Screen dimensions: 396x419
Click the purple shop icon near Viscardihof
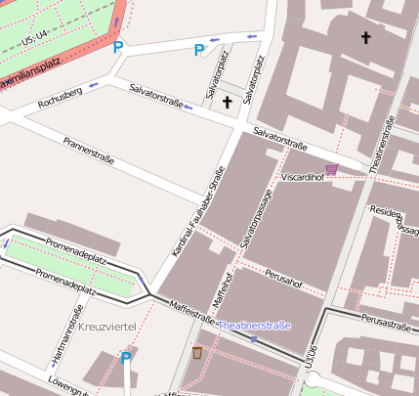(x=332, y=169)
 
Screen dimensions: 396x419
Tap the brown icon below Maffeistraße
(x=197, y=352)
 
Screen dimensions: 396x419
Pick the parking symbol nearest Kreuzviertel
(x=126, y=358)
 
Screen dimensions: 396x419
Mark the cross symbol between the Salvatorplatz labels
(x=228, y=102)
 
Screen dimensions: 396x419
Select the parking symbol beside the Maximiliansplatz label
(x=118, y=47)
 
